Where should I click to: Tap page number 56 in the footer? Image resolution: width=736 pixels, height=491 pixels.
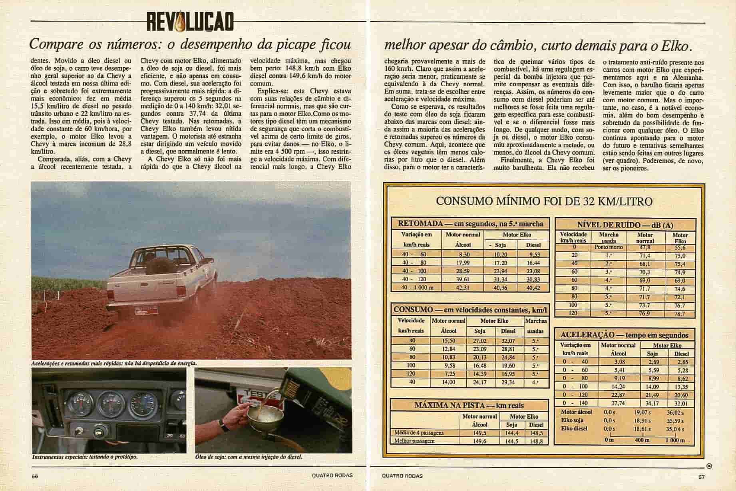tap(35, 476)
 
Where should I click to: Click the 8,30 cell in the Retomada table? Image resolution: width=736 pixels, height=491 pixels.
tap(463, 254)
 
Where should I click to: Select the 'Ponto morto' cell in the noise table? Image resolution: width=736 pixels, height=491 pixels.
tap(609, 247)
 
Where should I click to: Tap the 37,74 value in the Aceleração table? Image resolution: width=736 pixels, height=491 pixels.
tap(619, 403)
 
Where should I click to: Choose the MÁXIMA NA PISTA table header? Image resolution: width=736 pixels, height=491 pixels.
tap(469, 405)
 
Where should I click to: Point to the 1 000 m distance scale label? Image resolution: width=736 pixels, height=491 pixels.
tap(674, 440)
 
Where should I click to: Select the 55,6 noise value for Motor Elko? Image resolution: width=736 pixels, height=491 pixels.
tap(680, 247)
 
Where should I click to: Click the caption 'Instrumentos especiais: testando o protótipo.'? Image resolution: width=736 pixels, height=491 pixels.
tap(85, 456)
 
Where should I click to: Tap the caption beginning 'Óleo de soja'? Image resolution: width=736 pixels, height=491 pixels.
tap(249, 456)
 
